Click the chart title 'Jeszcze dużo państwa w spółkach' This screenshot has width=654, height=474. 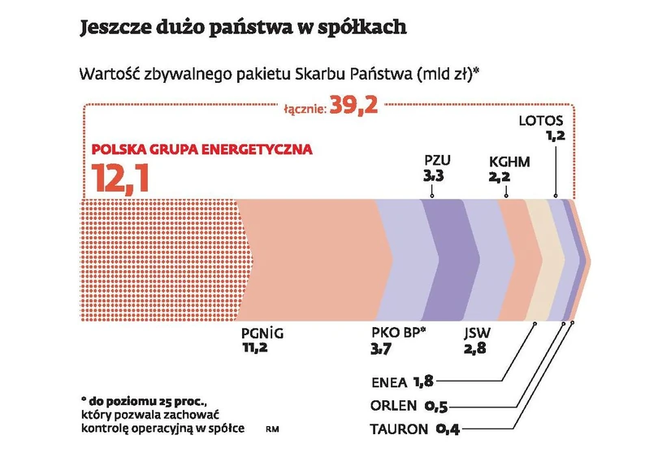pyautogui.click(x=242, y=28)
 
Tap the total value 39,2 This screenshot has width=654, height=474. pyautogui.click(x=353, y=106)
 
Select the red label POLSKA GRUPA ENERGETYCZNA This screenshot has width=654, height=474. pyautogui.click(x=201, y=150)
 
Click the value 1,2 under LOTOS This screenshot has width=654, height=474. pyautogui.click(x=555, y=136)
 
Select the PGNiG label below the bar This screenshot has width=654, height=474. pyautogui.click(x=263, y=333)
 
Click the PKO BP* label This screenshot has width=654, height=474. pyautogui.click(x=398, y=333)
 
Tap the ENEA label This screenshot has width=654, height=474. pyautogui.click(x=388, y=381)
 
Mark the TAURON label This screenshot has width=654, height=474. pyautogui.click(x=398, y=429)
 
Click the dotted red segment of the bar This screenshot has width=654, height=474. pyautogui.click(x=158, y=260)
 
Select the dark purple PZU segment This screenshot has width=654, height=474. pyautogui.click(x=446, y=260)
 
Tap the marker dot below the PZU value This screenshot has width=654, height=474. pyautogui.click(x=431, y=196)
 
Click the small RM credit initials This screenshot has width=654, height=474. pyautogui.click(x=270, y=428)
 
